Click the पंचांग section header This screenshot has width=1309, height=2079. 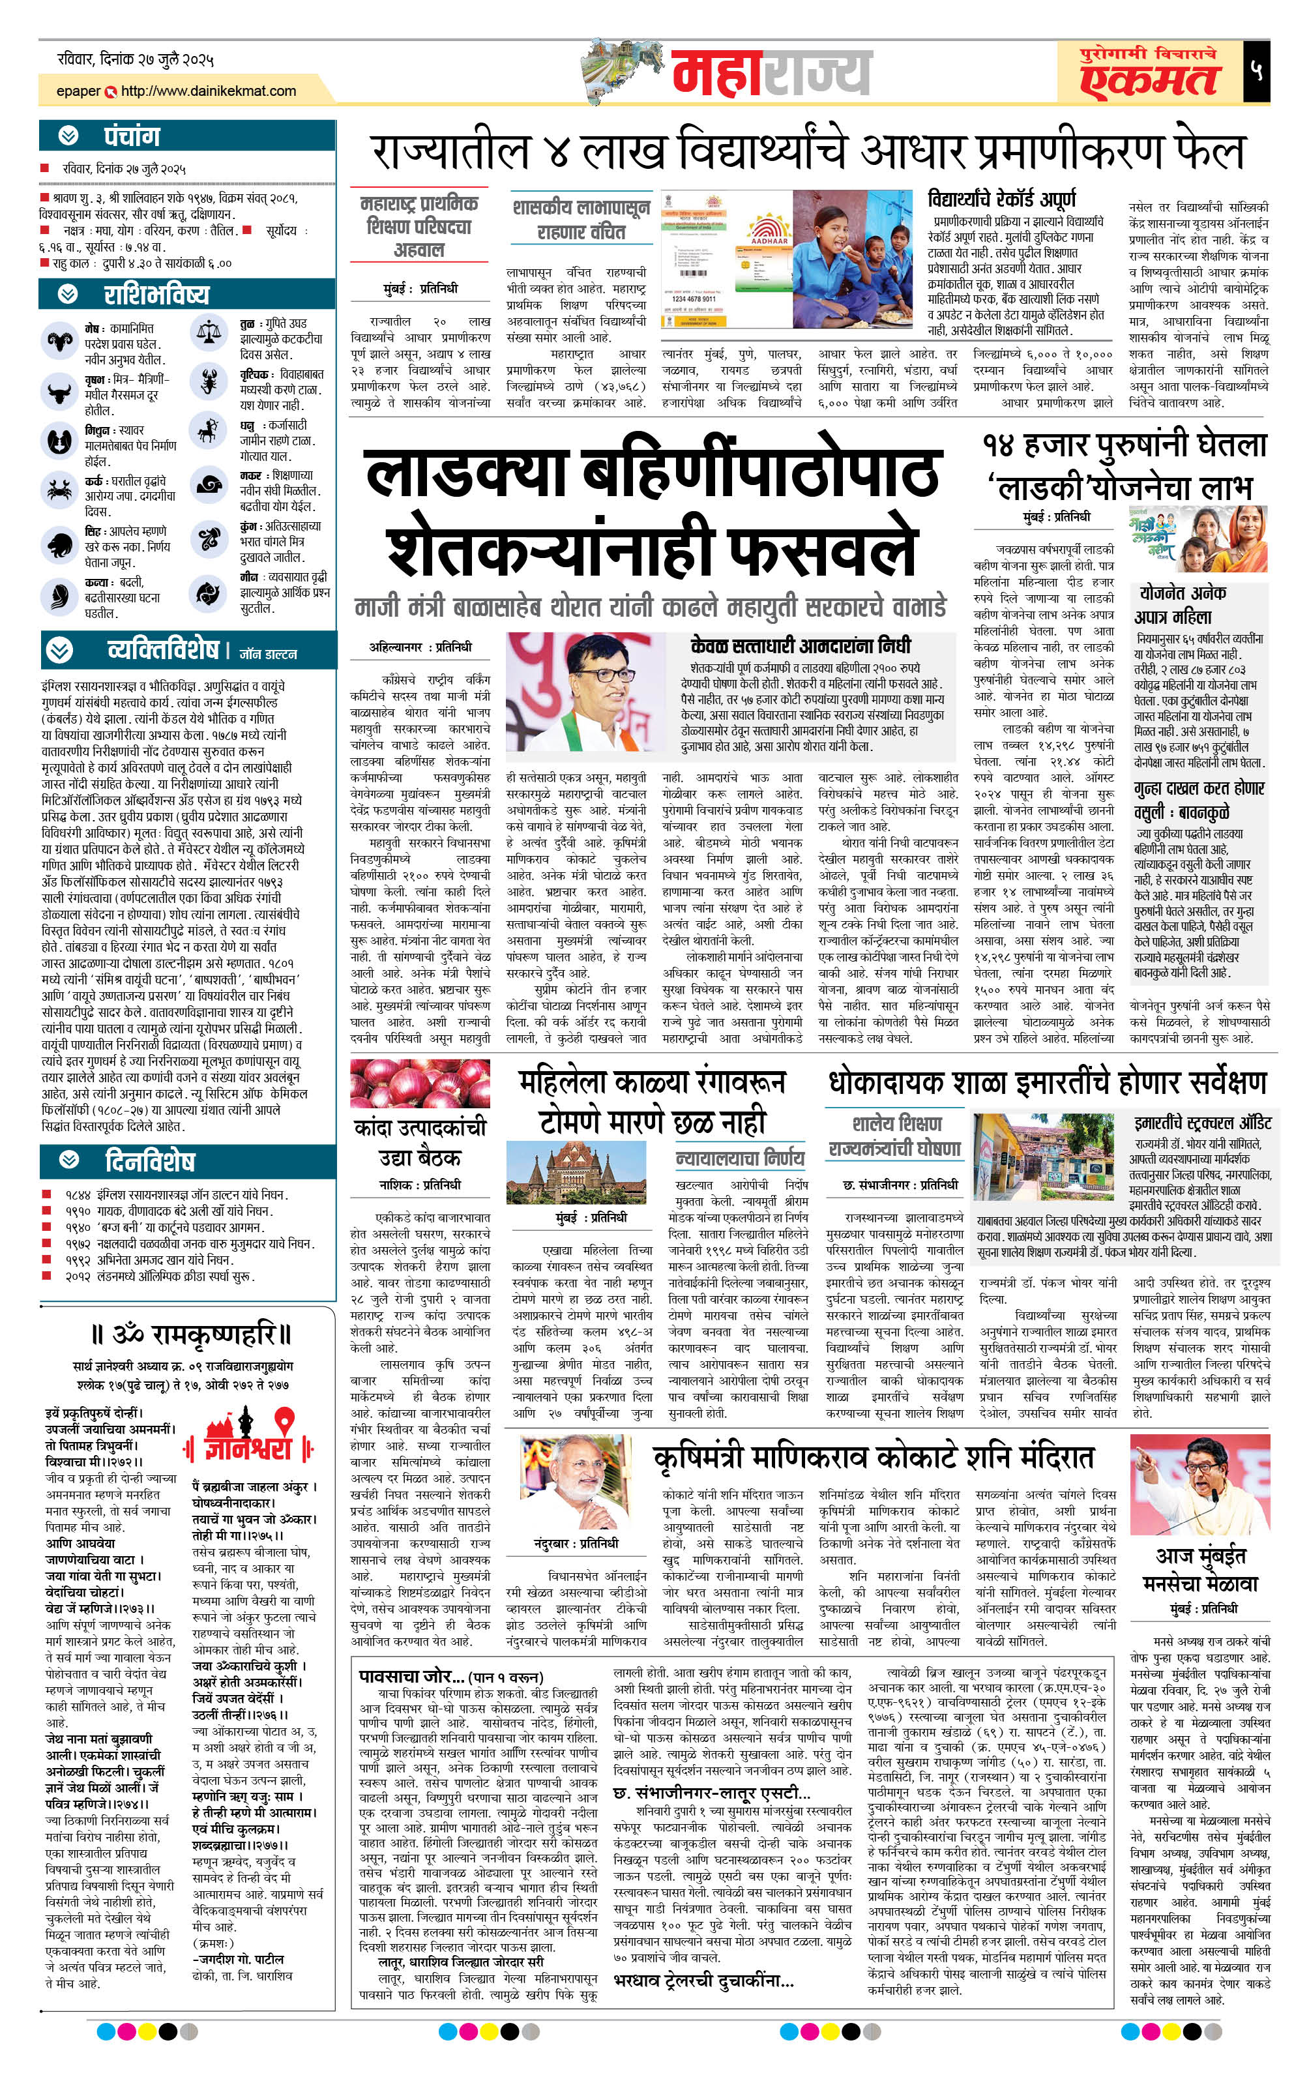point(131,136)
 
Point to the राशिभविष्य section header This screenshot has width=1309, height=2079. point(155,295)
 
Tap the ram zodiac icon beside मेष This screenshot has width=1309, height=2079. point(59,340)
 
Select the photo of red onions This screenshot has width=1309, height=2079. point(420,1083)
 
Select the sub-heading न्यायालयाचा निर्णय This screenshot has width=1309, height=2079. point(740,1157)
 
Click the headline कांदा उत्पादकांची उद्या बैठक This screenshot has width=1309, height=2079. point(420,1142)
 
